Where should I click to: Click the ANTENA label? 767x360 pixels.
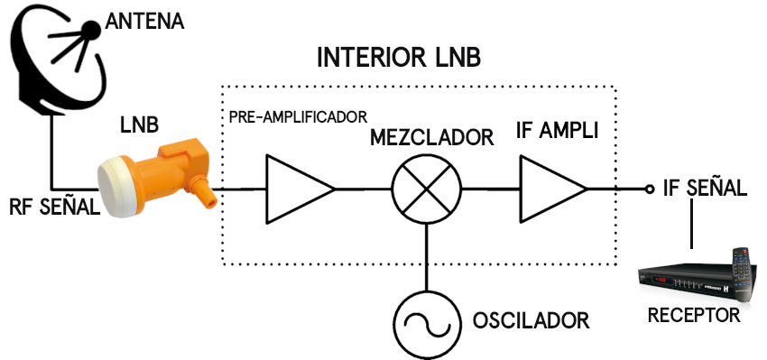coord(144,22)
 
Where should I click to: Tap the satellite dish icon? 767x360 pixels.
coord(59,59)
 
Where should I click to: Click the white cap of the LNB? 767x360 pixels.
coord(116,188)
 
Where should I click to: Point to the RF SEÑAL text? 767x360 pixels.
coord(54,207)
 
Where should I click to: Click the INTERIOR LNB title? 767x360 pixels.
coord(399,58)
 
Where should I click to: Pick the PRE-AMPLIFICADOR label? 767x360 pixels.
coord(298,117)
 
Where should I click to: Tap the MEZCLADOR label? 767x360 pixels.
coord(431,137)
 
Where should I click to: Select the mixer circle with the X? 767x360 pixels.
coord(427,189)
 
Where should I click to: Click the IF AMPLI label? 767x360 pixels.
coord(557,131)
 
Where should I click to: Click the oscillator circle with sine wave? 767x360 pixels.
coord(427,325)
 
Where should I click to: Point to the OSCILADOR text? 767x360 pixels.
coord(531,321)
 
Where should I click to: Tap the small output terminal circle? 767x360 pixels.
coord(650,189)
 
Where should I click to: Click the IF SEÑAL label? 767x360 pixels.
coord(705,189)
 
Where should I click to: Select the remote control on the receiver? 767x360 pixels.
coord(744,273)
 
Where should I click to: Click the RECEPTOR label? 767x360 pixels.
coord(694,316)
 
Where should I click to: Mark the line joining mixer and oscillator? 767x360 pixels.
coord(427,258)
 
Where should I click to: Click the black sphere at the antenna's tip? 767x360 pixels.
coord(91,31)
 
